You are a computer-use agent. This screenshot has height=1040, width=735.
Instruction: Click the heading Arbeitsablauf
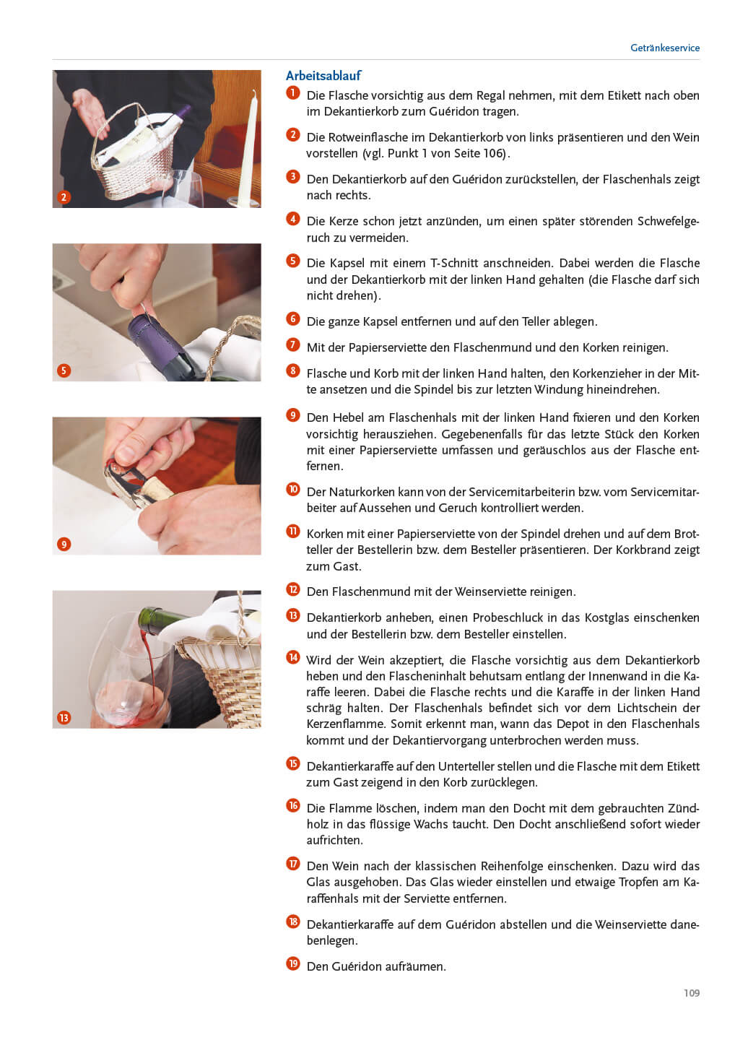tap(323, 75)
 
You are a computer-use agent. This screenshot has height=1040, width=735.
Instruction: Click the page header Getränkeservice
tap(664, 48)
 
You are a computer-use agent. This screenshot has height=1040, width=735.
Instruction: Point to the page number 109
tap(692, 992)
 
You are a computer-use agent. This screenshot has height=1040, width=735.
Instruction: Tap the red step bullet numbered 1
tap(293, 93)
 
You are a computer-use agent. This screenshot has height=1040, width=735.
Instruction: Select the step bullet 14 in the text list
tap(293, 657)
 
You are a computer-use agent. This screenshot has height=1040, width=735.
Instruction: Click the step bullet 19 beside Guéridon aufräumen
tap(293, 964)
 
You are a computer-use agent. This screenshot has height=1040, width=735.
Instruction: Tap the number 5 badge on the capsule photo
tap(64, 370)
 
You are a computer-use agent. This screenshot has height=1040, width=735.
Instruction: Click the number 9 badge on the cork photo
tap(64, 544)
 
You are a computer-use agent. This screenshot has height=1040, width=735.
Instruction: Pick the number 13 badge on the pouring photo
tap(64, 718)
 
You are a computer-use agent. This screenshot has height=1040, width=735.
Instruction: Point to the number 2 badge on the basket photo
tap(64, 197)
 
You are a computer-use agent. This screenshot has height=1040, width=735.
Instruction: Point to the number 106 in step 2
tap(492, 153)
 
